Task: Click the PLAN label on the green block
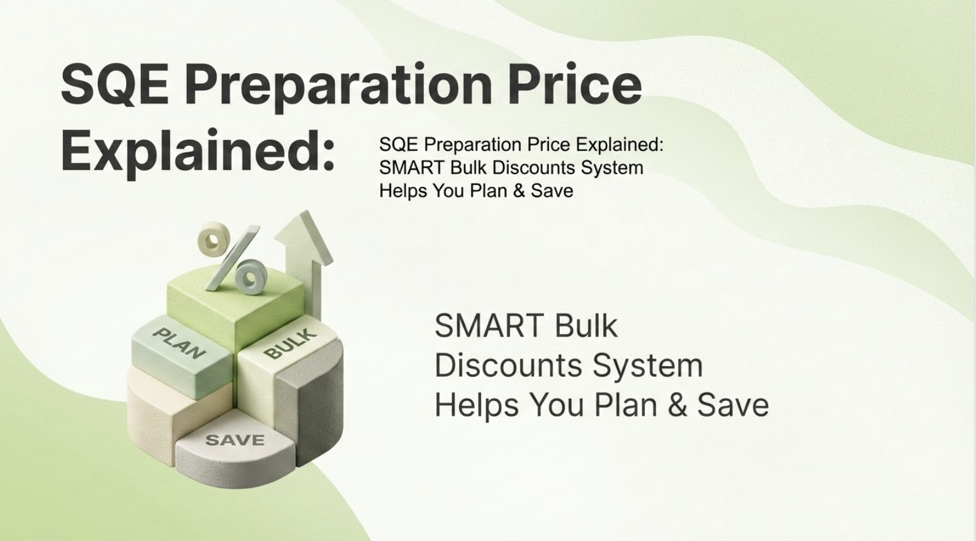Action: tap(179, 343)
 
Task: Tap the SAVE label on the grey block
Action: tap(235, 440)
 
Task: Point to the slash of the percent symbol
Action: tap(233, 258)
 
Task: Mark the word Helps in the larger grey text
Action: tap(477, 406)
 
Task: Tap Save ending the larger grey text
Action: tap(733, 404)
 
